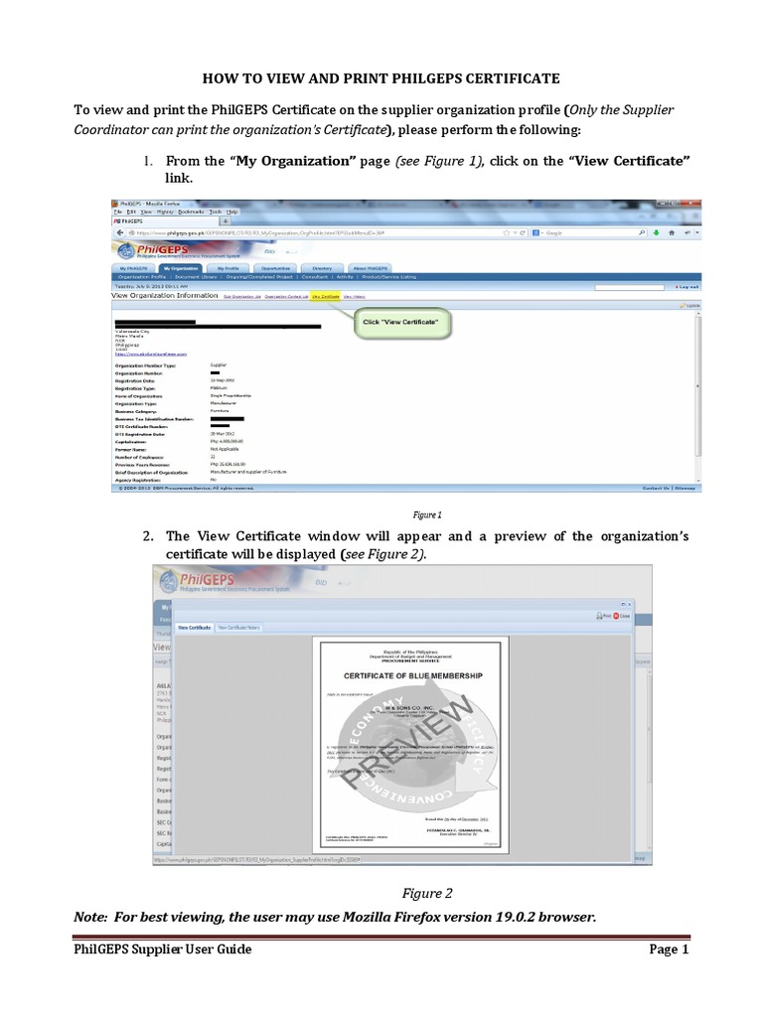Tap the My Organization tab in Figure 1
(182, 268)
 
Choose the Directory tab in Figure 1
(322, 268)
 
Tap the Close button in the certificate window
(622, 616)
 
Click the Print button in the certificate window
(605, 616)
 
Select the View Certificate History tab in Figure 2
(239, 628)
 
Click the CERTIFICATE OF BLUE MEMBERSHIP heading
(412, 675)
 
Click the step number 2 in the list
(147, 537)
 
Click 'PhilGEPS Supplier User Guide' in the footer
(163, 949)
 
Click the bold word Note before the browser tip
(94, 917)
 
